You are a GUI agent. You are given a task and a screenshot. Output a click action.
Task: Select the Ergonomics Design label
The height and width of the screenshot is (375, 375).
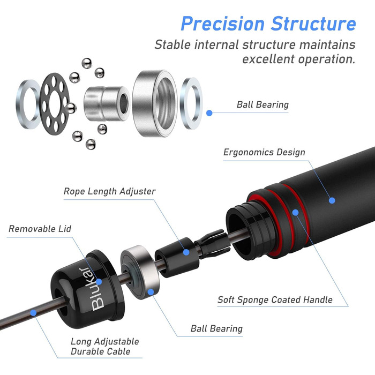pyautogui.click(x=264, y=152)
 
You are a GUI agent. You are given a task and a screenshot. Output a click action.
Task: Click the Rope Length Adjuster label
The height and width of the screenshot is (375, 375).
pyautogui.click(x=110, y=191)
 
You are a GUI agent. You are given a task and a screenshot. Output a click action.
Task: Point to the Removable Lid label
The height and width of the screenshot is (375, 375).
pyautogui.click(x=40, y=229)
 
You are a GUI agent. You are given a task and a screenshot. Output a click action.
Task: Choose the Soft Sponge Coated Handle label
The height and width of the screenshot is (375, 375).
pyautogui.click(x=275, y=299)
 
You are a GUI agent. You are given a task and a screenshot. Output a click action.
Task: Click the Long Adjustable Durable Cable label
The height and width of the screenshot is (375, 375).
pyautogui.click(x=104, y=347)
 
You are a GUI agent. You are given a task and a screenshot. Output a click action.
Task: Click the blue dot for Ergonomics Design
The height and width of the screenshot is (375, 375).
pyautogui.click(x=332, y=200)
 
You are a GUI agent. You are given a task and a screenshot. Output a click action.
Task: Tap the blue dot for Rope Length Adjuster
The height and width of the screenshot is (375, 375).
pyautogui.click(x=187, y=251)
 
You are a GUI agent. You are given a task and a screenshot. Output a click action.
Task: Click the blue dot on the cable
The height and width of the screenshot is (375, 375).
pyautogui.click(x=35, y=311)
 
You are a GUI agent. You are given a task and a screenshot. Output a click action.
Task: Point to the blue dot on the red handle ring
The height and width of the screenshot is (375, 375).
pyautogui.click(x=295, y=212)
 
